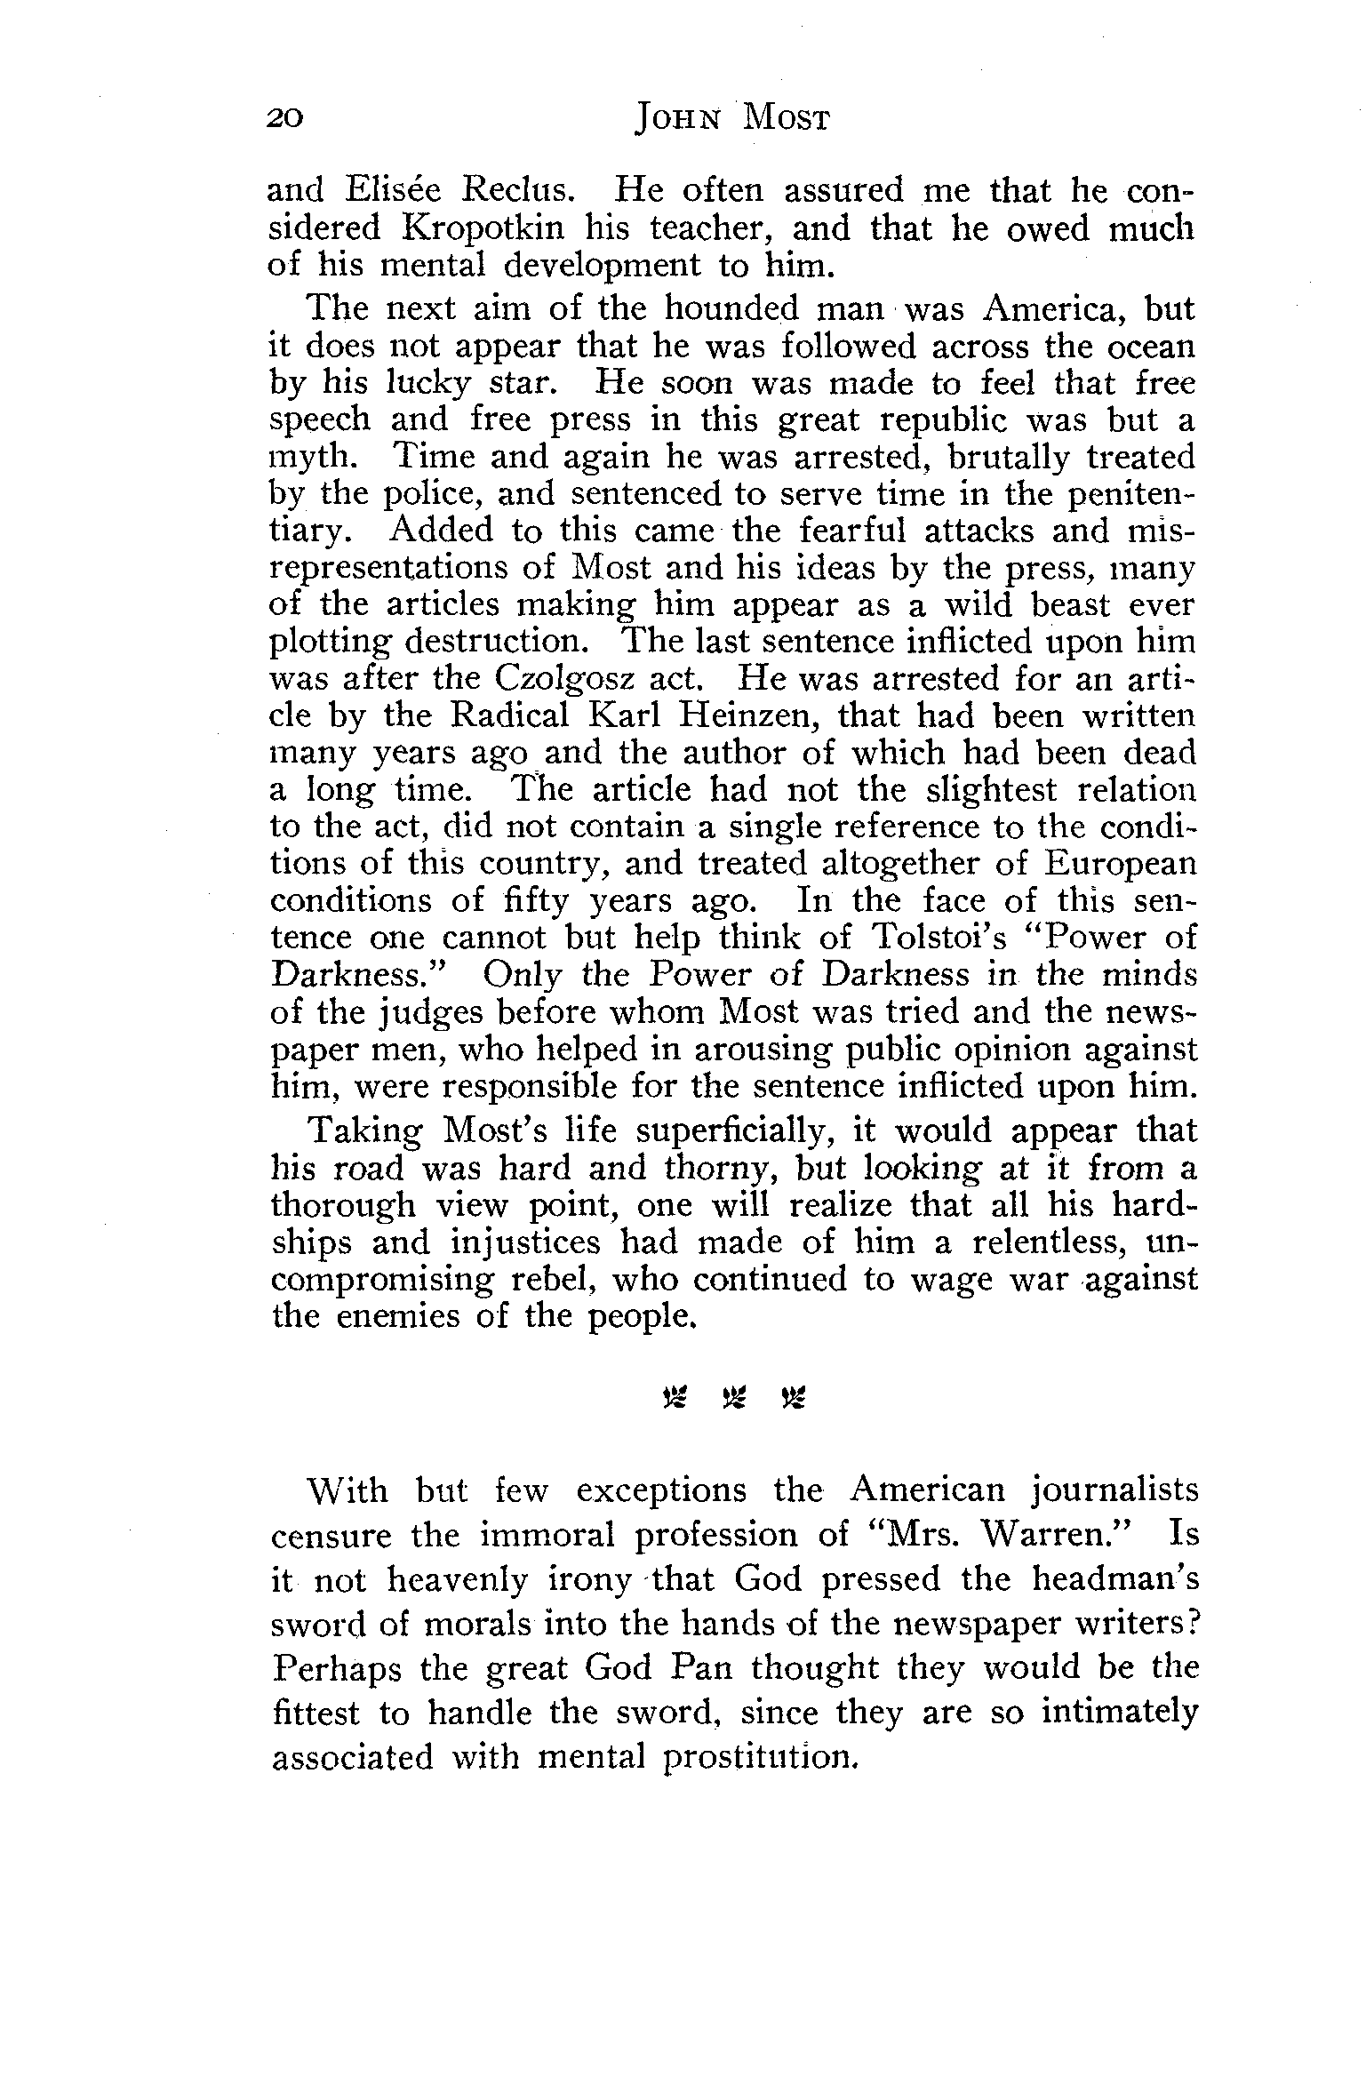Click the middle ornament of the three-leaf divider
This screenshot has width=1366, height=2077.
[733, 1401]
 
